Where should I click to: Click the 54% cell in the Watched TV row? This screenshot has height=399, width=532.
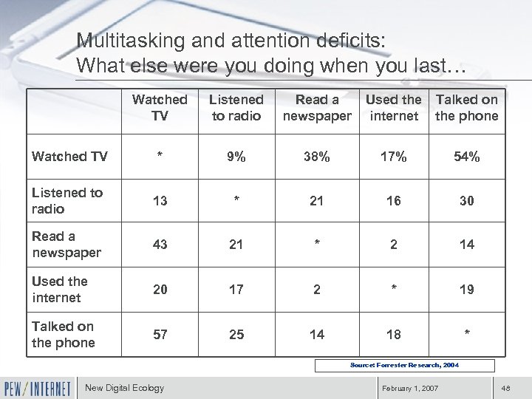pos(467,157)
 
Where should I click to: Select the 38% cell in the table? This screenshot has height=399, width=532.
pos(317,157)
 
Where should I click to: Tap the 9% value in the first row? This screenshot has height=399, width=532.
pos(236,157)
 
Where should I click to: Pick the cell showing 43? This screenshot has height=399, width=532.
pos(160,245)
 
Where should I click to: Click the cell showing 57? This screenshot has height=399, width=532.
pos(160,335)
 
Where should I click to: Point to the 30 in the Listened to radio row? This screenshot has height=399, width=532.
pos(467,201)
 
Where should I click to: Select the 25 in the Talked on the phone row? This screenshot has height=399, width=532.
pos(236,335)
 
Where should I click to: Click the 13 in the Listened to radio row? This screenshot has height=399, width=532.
pos(160,201)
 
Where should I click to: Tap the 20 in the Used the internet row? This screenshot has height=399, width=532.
pos(160,290)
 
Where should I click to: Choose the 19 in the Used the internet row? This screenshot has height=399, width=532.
pos(467,290)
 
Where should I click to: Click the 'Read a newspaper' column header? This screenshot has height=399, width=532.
pos(317,107)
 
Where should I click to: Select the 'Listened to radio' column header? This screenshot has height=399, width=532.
pos(236,107)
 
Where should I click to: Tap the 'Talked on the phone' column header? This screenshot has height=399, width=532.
pos(467,107)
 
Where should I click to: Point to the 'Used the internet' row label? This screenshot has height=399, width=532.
pos(60,290)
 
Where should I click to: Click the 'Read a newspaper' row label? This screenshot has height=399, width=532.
pos(65,245)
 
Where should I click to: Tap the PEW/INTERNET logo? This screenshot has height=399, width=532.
pos(38,388)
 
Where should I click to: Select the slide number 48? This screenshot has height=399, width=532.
pos(506,389)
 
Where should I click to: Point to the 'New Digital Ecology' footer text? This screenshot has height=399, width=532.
pos(125,388)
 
